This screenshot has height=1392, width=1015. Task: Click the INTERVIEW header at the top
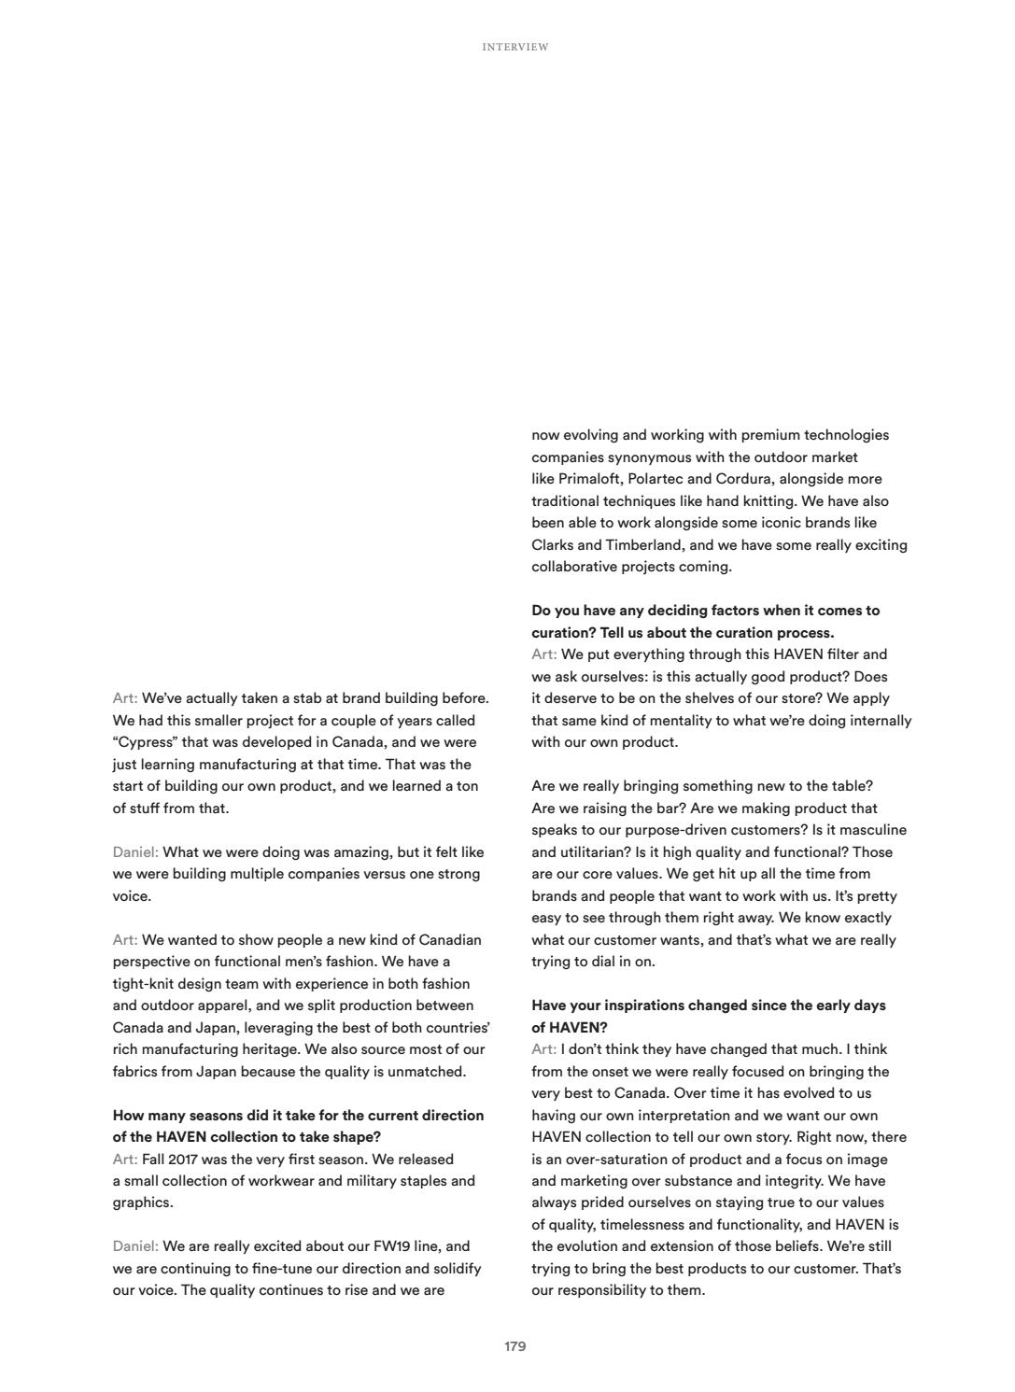coord(515,47)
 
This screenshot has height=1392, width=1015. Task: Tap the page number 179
coord(515,1346)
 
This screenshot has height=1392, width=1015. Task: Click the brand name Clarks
coord(554,545)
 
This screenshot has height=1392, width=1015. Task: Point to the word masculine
coord(873,830)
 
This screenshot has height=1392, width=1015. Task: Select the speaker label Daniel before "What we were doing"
coord(135,852)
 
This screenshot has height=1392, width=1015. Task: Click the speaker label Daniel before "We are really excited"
coord(135,1246)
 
